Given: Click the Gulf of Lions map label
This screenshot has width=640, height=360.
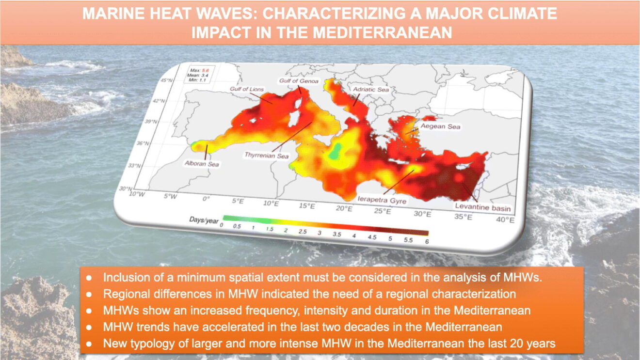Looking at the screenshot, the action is pos(247,89).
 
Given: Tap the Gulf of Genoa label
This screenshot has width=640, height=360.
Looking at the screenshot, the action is pos(299,81).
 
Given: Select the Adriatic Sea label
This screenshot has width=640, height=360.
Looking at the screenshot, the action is pos(371,90).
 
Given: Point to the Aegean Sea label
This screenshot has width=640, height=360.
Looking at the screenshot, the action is pos(440,126).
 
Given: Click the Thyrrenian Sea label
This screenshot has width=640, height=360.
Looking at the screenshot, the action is pos(267,156).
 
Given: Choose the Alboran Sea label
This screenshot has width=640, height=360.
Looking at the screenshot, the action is pos(202,164).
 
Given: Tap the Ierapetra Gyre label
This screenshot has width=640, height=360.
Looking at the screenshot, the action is pos(382,200).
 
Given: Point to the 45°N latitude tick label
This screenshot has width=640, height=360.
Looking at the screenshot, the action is pos(166,80).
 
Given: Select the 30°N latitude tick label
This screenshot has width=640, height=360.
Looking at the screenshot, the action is pos(126,188).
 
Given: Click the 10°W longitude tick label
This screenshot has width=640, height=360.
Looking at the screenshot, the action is pos(137,194).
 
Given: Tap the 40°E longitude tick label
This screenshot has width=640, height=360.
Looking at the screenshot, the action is pos(505,220).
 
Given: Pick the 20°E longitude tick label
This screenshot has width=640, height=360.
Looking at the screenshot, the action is pos(344,208).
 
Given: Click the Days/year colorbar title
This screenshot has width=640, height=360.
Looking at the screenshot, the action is pos(204,220).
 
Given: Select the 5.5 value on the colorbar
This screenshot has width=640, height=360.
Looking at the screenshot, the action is pos(408,240).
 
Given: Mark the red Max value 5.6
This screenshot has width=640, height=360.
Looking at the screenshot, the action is pos(206,70).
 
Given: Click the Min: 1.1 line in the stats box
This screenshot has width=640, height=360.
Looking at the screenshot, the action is pos(197,80).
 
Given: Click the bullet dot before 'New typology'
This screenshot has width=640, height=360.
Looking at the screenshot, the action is pos(89,344).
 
